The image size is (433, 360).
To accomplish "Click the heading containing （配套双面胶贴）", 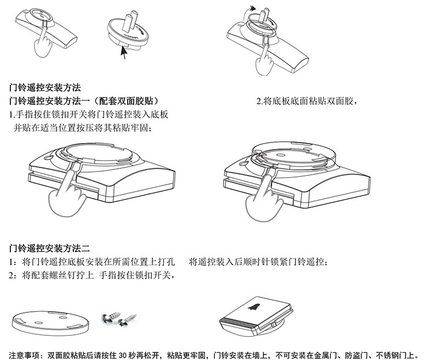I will tap(84, 101).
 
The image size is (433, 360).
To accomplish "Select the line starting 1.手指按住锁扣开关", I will tap(88, 115).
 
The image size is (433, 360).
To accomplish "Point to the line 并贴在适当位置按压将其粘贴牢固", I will tap(82, 127).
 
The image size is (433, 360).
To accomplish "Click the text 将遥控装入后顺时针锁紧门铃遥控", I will tap(258, 262).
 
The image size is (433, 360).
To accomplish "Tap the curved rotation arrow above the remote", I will tap(251, 9).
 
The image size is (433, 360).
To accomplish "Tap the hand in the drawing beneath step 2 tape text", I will tap(263, 198).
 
